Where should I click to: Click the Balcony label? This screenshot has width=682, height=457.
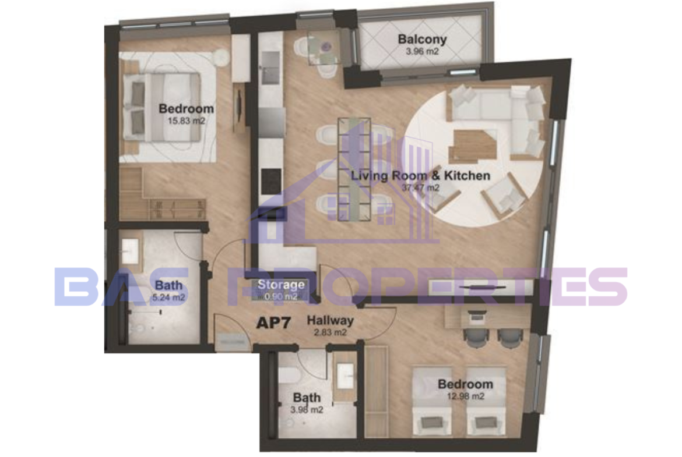422,40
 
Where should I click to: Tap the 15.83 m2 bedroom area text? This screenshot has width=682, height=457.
186,121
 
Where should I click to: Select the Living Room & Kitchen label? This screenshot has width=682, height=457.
420,175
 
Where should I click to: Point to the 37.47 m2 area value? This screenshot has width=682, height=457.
420,187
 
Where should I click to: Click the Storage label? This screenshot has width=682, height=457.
281,285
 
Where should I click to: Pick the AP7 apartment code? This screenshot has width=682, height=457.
273,323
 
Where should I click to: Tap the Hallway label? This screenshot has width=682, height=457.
330,321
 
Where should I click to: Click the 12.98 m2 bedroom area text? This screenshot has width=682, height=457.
465,396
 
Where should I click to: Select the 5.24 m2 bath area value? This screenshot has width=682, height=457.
169,297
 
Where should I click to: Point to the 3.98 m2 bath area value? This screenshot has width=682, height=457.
307,409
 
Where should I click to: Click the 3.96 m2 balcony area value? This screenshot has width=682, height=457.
422,51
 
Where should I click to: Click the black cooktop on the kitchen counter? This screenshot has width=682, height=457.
271,182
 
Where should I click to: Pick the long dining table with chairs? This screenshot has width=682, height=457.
354,169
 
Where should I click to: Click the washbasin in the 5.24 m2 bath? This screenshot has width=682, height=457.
129,250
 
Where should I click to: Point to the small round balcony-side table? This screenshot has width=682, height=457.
325,45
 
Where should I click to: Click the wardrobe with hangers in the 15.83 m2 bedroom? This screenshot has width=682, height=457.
178,210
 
